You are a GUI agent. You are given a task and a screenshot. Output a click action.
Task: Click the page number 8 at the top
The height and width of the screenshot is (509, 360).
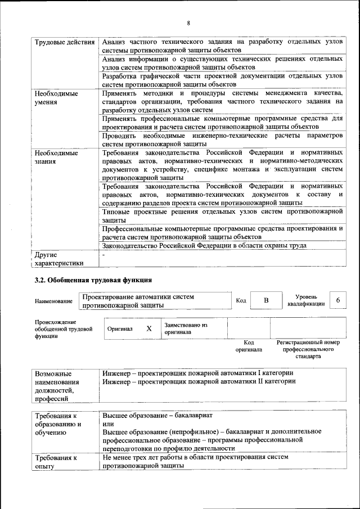click(188, 22)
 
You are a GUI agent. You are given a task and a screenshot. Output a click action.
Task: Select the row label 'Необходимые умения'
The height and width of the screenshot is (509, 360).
click(56, 98)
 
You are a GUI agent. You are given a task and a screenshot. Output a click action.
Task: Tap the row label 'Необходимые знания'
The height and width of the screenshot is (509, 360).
click(56, 157)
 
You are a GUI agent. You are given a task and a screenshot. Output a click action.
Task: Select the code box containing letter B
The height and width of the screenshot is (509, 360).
click(266, 301)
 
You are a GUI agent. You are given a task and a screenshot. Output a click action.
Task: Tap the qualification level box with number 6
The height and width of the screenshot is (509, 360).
click(338, 301)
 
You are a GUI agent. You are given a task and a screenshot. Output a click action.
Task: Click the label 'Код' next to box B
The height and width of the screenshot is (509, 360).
click(241, 301)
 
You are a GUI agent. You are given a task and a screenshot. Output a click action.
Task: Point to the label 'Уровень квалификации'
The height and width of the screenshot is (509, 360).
click(306, 300)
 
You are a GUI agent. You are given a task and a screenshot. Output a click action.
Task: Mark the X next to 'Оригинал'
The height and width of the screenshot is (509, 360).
click(149, 328)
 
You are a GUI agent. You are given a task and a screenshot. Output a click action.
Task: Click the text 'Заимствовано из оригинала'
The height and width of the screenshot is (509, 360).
click(186, 328)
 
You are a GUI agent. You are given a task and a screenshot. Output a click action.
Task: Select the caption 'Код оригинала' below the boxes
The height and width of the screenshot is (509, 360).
click(249, 346)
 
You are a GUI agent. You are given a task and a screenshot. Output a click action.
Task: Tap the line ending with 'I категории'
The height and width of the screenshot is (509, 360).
click(198, 373)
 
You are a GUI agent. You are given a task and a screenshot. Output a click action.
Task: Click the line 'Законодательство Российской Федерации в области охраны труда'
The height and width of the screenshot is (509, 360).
click(204, 245)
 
